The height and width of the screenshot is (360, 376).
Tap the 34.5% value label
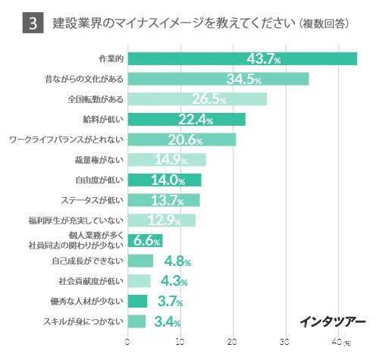(x=243, y=80)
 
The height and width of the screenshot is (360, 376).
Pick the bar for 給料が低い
(x=186, y=119)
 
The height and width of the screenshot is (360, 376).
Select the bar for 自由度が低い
(x=164, y=180)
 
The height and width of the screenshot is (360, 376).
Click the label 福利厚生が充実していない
(x=75, y=221)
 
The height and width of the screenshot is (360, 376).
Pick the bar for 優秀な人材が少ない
(x=137, y=302)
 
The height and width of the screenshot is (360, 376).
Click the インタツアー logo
(x=331, y=320)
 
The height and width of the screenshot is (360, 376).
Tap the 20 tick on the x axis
(x=233, y=342)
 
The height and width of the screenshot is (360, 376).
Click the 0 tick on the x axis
(x=127, y=342)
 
